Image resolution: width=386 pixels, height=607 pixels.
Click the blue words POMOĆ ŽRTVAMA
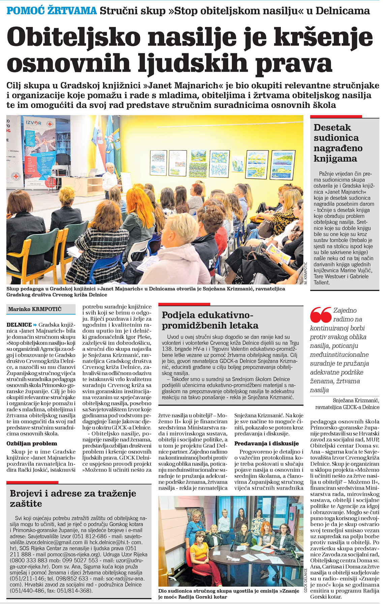52,11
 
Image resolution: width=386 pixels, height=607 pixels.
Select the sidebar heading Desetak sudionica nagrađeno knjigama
338,143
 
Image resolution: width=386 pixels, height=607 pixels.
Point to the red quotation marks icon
320,315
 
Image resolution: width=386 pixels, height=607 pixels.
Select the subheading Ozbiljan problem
32,443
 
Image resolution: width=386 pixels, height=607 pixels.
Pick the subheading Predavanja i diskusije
266,443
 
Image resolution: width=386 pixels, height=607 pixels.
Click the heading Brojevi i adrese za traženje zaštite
73,498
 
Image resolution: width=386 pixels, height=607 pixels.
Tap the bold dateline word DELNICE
19,325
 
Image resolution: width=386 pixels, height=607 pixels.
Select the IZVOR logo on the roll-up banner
34,123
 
